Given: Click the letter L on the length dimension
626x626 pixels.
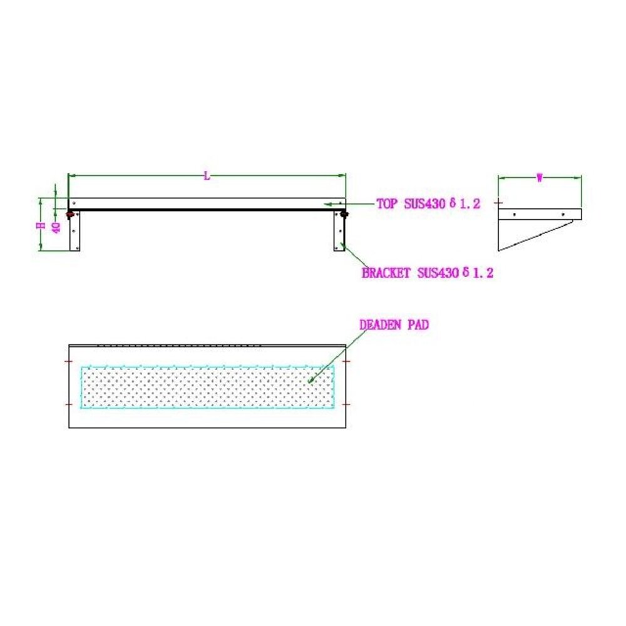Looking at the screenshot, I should click(x=207, y=177).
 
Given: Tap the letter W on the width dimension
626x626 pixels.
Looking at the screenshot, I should click(x=540, y=178).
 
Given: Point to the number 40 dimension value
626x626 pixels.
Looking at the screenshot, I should click(x=56, y=227).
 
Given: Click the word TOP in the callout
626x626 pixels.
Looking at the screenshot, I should click(x=386, y=203).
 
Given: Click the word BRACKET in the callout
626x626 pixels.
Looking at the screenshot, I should click(x=386, y=273).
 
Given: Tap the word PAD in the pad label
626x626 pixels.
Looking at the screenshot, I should click(x=418, y=325).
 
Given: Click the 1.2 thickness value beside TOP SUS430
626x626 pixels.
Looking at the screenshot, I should click(x=469, y=203).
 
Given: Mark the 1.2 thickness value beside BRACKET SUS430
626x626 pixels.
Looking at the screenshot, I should click(x=483, y=273).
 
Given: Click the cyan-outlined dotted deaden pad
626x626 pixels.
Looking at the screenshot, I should click(x=207, y=387).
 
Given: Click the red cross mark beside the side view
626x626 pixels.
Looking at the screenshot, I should click(x=499, y=203).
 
